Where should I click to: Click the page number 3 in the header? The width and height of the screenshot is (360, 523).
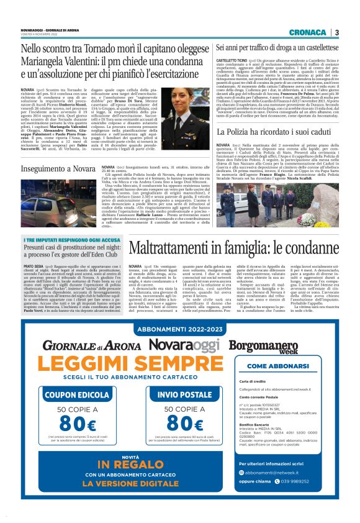click(336, 32)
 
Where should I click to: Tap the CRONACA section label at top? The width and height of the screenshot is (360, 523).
click(307, 32)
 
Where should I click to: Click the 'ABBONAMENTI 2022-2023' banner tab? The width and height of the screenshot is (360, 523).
click(180, 329)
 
